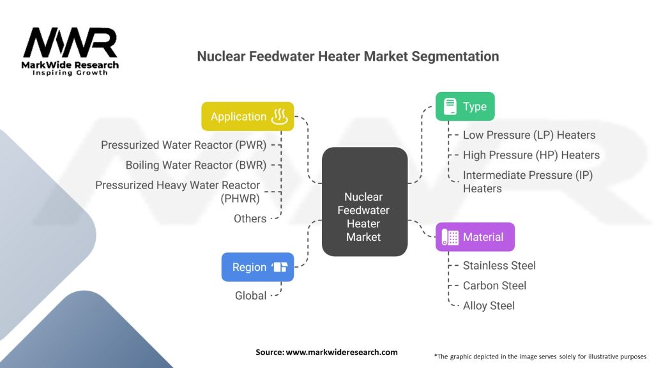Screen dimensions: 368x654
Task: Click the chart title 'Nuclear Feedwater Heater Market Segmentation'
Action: (347, 56)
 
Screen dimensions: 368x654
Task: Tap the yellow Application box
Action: (248, 116)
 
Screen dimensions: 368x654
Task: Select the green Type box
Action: (465, 107)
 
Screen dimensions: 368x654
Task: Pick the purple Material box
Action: (475, 237)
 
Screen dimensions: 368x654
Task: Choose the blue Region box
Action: (257, 267)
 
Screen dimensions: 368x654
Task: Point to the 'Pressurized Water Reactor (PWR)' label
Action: (183, 145)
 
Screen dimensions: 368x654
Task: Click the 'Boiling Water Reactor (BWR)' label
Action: (195, 165)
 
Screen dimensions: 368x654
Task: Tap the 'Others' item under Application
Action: (250, 218)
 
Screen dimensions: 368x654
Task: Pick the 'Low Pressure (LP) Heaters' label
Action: (529, 135)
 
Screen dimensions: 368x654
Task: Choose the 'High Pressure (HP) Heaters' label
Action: (531, 155)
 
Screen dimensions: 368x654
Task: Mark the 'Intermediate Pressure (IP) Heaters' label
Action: (528, 181)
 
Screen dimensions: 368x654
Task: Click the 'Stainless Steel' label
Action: (499, 265)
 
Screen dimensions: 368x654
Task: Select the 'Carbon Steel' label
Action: (494, 285)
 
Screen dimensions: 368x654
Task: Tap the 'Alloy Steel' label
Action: (489, 305)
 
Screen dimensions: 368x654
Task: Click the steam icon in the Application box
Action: (280, 116)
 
